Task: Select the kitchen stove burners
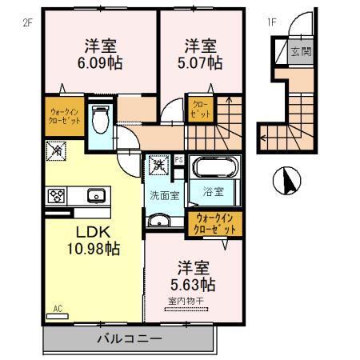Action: click(58, 194)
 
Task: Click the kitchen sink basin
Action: click(94, 194)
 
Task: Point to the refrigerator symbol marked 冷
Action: click(58, 148)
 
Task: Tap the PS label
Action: click(179, 160)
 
